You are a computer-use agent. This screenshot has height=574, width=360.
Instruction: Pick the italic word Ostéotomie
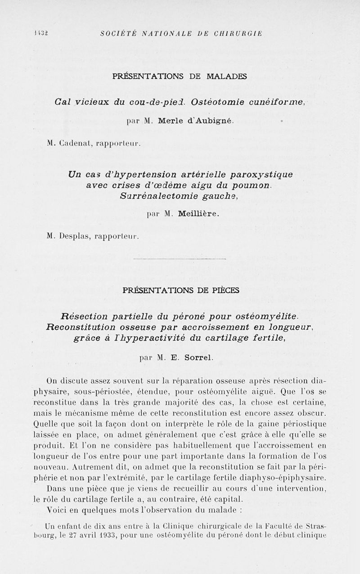click(x=218, y=102)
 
